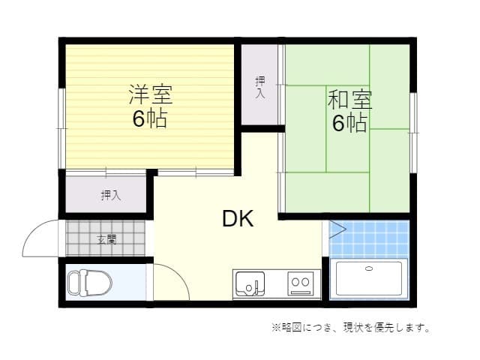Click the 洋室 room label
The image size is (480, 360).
(x=150, y=95)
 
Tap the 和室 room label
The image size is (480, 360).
(x=349, y=100)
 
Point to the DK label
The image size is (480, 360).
(x=238, y=219)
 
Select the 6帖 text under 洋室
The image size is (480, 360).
(x=150, y=118)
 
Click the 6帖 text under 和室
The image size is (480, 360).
(x=349, y=123)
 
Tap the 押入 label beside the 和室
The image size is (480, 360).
(x=260, y=88)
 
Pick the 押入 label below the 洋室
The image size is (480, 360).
(x=110, y=196)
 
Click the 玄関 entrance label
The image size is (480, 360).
(x=106, y=240)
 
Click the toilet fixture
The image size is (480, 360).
(x=89, y=283)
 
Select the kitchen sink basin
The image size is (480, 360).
(x=249, y=283)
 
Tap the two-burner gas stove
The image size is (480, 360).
(x=301, y=283)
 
